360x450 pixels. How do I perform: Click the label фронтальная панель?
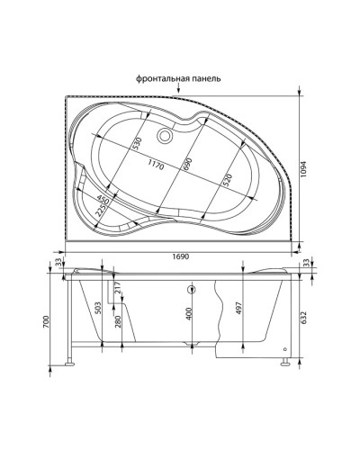click(x=176, y=77)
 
